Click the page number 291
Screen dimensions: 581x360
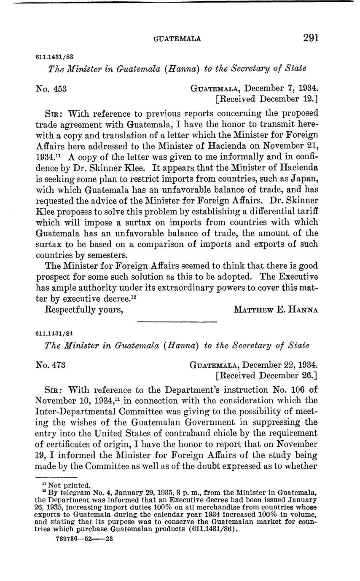coord(311,38)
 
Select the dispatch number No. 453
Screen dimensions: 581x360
coord(51,89)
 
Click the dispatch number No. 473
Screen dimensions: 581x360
coord(51,365)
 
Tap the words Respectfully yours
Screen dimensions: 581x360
coord(84,310)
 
